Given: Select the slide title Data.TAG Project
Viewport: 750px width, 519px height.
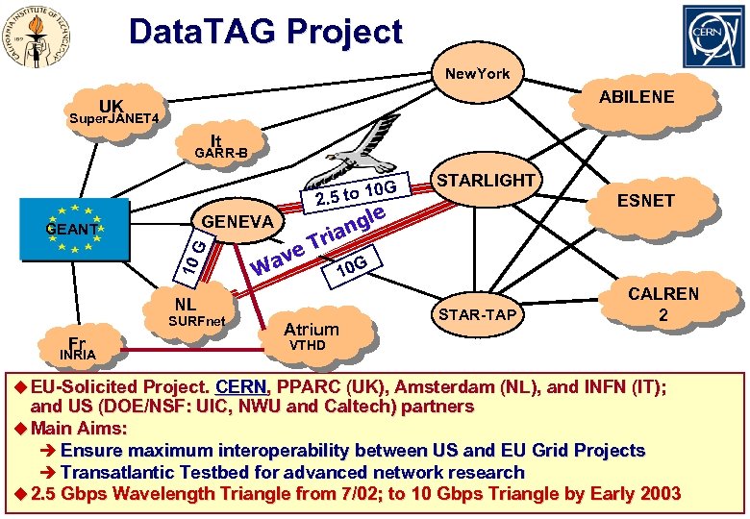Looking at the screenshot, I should [x=265, y=32].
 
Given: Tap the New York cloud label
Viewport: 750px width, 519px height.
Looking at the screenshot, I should [x=477, y=74].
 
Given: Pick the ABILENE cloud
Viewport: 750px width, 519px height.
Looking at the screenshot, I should [x=637, y=97].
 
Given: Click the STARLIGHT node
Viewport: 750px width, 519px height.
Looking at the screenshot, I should [x=485, y=181].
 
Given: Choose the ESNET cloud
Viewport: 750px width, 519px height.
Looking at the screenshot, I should [x=646, y=201].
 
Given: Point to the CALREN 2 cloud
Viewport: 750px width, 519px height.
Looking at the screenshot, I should [x=663, y=304].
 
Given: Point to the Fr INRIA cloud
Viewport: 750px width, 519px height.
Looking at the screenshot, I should [x=78, y=347].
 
